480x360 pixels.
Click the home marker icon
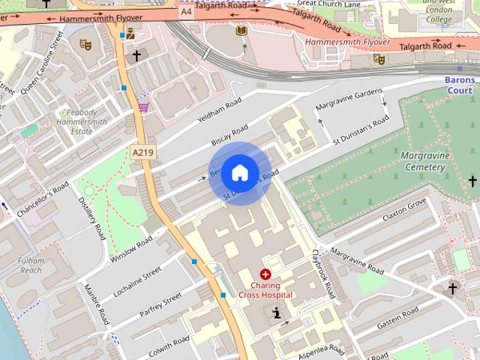point(238,172)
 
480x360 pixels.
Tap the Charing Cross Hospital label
point(265,290)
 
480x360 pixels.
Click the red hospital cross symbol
point(265,275)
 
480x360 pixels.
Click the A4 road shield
point(186,11)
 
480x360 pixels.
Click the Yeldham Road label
point(218,112)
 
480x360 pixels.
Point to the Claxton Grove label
point(403,209)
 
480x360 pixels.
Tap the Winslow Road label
point(131,249)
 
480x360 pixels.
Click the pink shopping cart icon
point(142,107)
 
